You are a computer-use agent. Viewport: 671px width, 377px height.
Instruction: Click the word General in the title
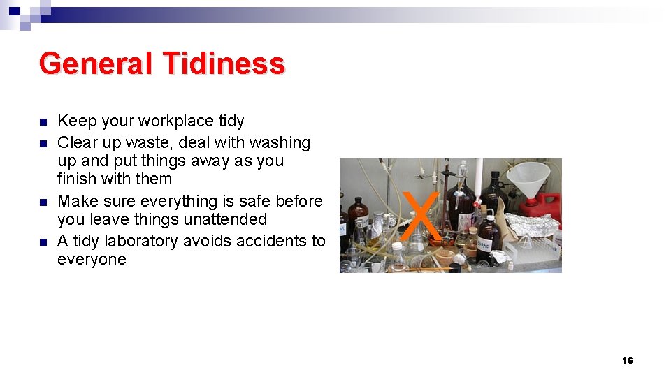point(96,64)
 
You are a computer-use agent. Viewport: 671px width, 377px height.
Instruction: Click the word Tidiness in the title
point(224,64)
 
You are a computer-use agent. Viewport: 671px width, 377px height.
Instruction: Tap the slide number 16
point(627,360)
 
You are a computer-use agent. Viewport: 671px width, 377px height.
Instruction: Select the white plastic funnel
point(528,180)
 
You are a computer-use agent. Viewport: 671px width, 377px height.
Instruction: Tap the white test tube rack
point(535,255)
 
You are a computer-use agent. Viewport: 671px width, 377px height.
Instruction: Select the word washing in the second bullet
point(280,142)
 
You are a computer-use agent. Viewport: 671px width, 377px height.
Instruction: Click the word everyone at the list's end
point(92,259)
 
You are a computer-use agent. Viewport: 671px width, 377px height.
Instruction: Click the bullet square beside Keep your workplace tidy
point(43,121)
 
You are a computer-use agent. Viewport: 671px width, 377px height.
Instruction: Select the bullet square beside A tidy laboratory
point(43,242)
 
